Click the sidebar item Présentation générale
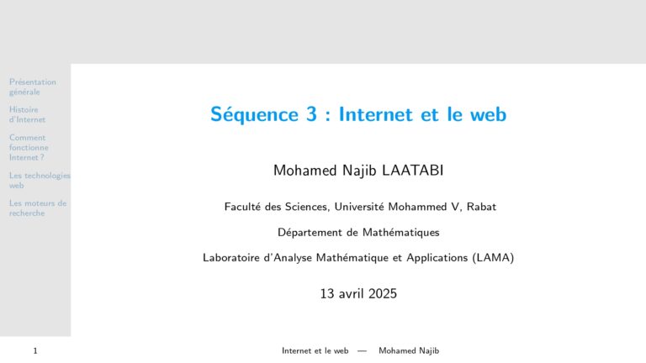33,87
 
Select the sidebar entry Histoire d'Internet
27,114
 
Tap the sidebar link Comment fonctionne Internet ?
29,147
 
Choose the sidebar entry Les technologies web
40,181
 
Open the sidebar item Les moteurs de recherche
38,208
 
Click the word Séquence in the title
254,114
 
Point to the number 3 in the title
311,114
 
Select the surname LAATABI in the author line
412,171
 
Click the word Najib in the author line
359,171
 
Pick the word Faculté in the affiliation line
242,207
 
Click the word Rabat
481,207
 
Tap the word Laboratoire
231,258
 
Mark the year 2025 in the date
383,293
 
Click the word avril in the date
352,293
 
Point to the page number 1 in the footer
35,350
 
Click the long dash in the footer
363,350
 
